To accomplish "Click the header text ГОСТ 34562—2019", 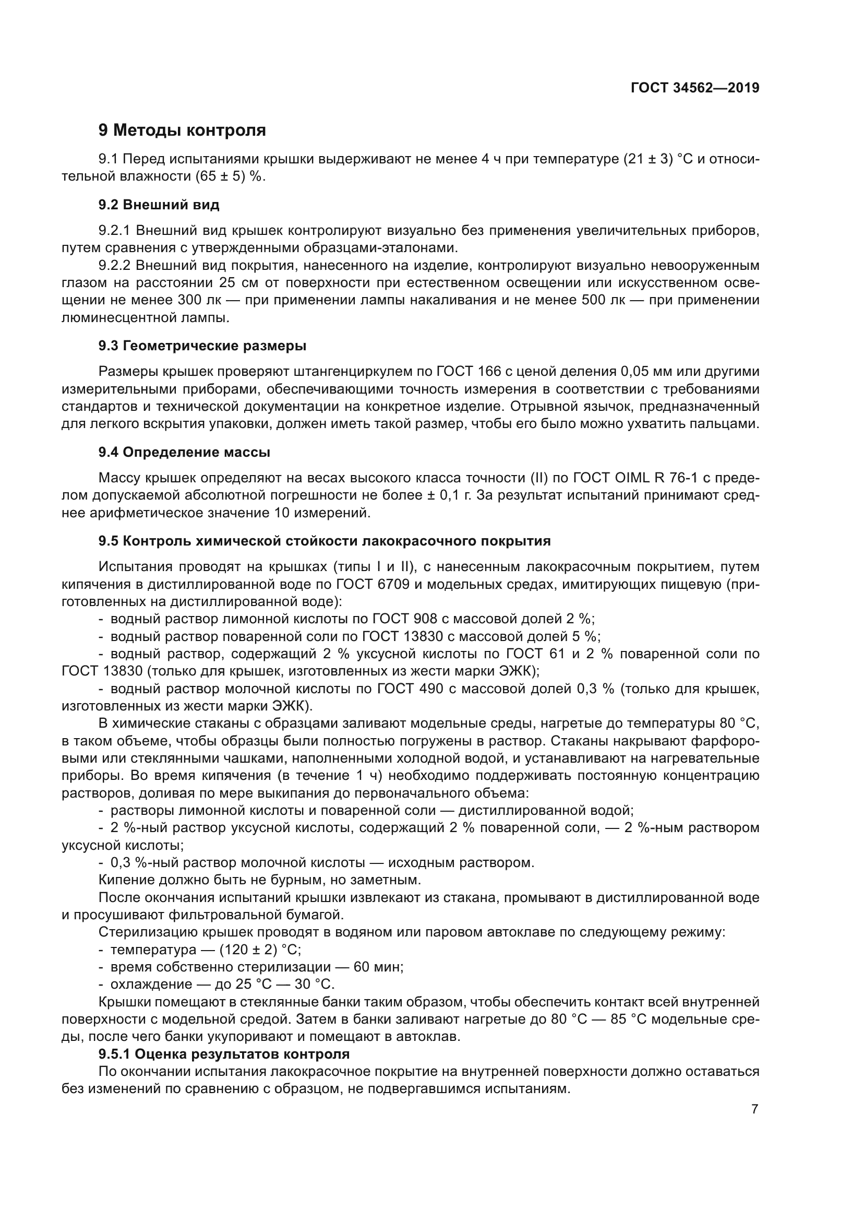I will (x=695, y=88).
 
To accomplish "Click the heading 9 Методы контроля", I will (x=182, y=131).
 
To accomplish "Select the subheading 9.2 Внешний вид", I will (x=159, y=205).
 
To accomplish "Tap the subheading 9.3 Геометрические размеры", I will (x=202, y=346).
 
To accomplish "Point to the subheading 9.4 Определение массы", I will (x=184, y=453).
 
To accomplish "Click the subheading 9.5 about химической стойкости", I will (x=324, y=541).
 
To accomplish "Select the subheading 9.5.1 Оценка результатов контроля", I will (x=224, y=1054).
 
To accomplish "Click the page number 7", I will (x=754, y=1109).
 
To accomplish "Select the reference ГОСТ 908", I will (x=404, y=619).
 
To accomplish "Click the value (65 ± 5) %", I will (x=229, y=177).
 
